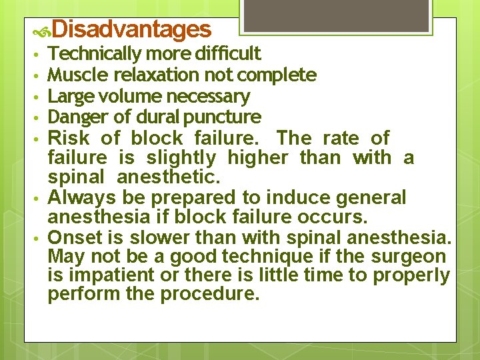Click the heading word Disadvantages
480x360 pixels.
[x=131, y=29]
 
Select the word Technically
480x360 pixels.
[x=95, y=54]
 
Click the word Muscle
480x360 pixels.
[x=71, y=75]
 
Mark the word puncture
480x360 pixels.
[x=225, y=118]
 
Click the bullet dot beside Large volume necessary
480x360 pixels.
[x=41, y=97]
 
